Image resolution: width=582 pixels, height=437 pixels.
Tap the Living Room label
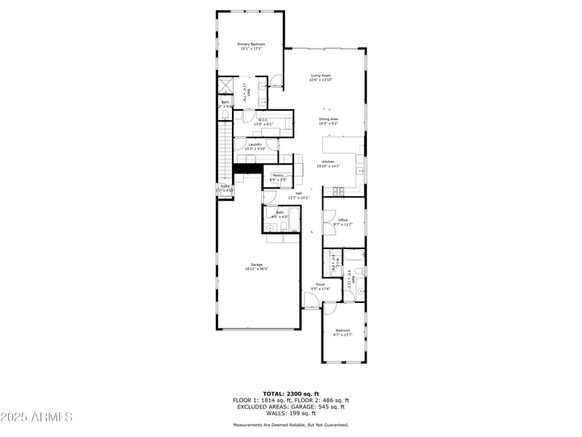(320, 78)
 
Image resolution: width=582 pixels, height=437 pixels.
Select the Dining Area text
(328, 121)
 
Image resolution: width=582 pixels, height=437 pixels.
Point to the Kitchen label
(329, 164)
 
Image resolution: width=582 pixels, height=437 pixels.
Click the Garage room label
(257, 267)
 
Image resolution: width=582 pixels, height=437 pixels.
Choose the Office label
(342, 222)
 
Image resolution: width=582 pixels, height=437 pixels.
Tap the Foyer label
(320, 286)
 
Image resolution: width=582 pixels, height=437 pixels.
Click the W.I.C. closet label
(263, 122)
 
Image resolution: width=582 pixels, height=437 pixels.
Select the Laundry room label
(255, 146)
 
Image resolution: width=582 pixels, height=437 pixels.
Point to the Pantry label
(278, 177)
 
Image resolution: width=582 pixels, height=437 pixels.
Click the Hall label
(298, 195)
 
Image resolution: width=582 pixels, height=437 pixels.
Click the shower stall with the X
(225, 85)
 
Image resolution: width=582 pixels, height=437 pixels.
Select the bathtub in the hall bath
(354, 255)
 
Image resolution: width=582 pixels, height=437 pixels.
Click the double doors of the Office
(330, 216)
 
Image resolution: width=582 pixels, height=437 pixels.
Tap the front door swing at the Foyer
(311, 299)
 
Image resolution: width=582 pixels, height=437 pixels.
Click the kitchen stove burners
(338, 191)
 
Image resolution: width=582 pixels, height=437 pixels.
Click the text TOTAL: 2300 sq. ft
(291, 393)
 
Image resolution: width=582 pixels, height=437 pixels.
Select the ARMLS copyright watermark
(36, 417)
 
